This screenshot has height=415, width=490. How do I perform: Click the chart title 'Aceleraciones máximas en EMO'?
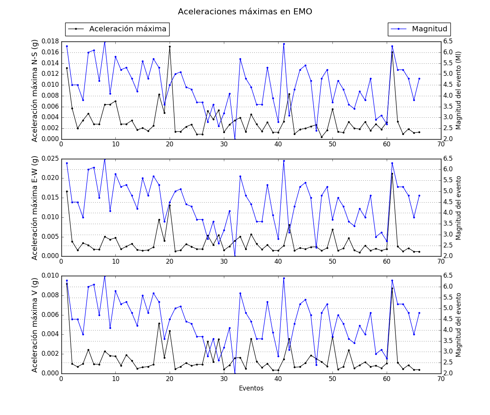245,12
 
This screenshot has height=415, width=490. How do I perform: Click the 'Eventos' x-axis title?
251,388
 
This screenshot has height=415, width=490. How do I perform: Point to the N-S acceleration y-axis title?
35,91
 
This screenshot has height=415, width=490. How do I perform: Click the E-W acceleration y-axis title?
35,208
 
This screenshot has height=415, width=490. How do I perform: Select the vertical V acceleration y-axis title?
35,325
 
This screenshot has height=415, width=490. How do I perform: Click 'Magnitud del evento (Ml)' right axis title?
458,91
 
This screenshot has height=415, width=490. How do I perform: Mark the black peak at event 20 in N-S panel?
170,46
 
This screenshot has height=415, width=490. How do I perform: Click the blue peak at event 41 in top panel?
284,44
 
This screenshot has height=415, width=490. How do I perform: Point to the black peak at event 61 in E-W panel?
392,174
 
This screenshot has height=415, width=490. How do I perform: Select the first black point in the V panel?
67,284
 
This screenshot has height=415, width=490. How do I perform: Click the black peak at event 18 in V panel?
159,323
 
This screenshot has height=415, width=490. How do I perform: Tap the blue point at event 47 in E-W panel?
316,247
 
